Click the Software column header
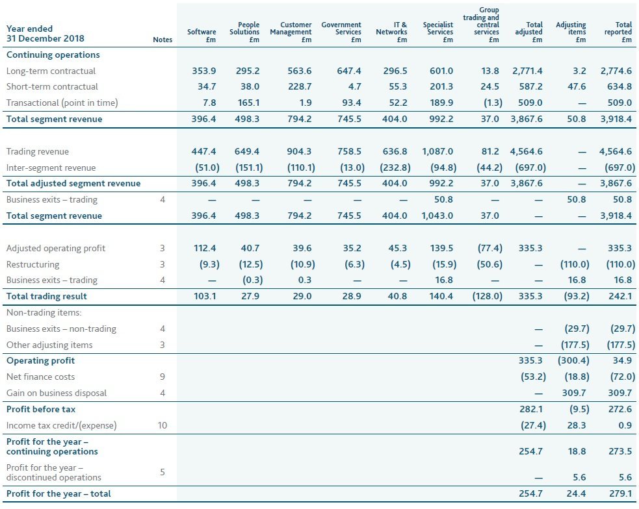coord(202,35)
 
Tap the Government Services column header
coord(341,32)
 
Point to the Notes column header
coord(163,40)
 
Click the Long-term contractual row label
coord(51,71)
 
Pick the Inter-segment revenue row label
coord(51,168)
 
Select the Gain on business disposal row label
coord(56,393)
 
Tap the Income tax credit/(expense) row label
coord(61,426)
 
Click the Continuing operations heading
coord(53,55)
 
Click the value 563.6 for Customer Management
coord(300,71)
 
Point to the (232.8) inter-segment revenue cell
coord(394,168)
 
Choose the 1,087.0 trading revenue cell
coord(437,151)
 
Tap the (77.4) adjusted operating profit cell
coord(487,248)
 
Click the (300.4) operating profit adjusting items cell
coord(574,360)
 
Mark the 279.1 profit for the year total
coord(621,493)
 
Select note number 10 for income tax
coord(163,426)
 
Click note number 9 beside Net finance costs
coord(163,377)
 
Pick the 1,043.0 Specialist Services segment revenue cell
coord(437,216)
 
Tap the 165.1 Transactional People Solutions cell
coord(247,103)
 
